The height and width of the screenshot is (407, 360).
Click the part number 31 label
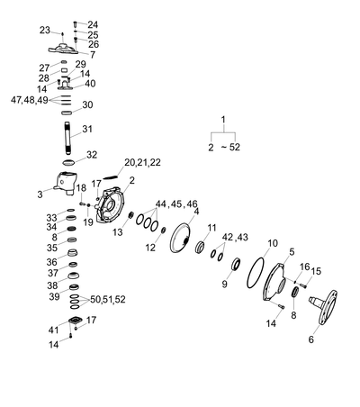pyautogui.click(x=87, y=130)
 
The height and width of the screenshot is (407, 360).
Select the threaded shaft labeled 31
pyautogui.click(x=67, y=137)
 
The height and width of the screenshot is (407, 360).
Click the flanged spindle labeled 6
pyautogui.click(x=323, y=306)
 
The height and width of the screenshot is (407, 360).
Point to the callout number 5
pyautogui.click(x=292, y=252)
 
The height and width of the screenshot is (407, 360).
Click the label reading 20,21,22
pyautogui.click(x=142, y=162)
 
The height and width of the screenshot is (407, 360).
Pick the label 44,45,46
pyautogui.click(x=176, y=204)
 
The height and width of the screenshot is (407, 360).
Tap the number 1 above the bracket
pyautogui.click(x=223, y=120)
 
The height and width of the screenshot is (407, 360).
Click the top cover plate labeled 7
pyautogui.click(x=63, y=50)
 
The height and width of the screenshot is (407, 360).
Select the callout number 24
pyautogui.click(x=93, y=24)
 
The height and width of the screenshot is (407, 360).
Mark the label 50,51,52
pyautogui.click(x=108, y=300)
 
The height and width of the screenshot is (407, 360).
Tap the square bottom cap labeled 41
pyautogui.click(x=75, y=320)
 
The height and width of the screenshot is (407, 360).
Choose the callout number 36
pyautogui.click(x=51, y=262)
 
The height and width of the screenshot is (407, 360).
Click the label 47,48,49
pyautogui.click(x=30, y=100)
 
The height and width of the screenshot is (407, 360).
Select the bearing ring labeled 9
pyautogui.click(x=236, y=264)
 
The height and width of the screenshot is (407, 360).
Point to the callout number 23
pyautogui.click(x=45, y=30)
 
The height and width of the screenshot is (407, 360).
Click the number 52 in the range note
pyautogui.click(x=235, y=148)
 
